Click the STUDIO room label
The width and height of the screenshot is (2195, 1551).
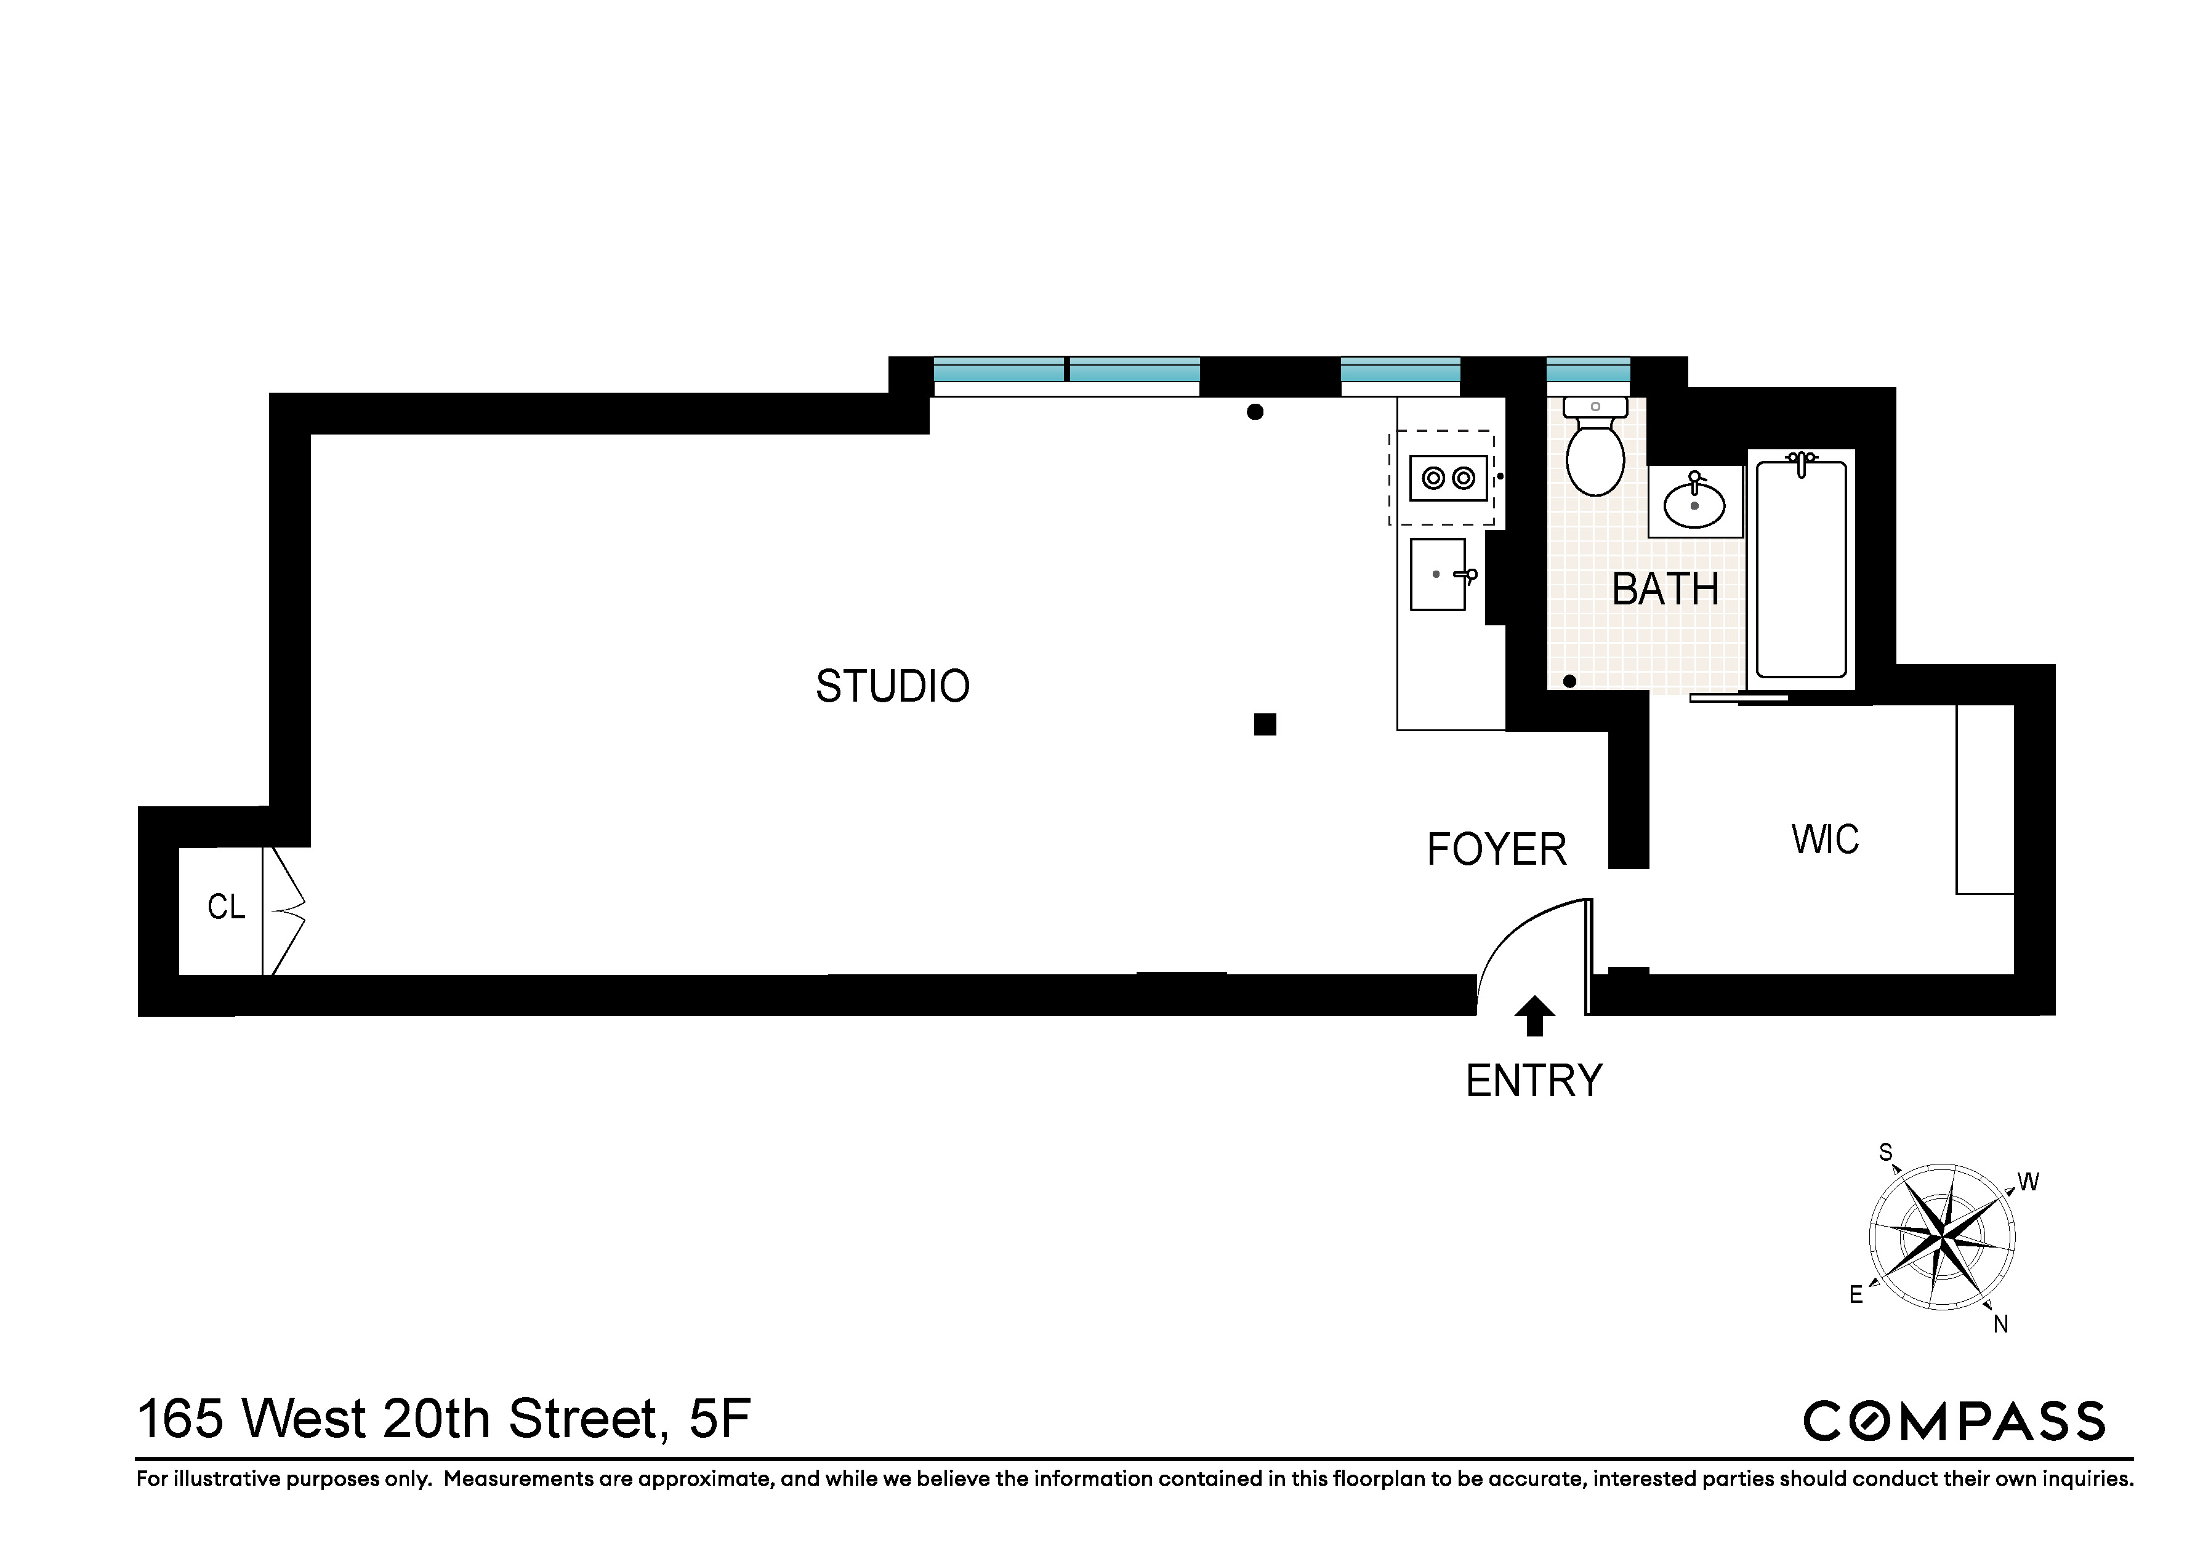(x=892, y=686)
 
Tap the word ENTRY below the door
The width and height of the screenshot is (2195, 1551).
(x=1534, y=1081)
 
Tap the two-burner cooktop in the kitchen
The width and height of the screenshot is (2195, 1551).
(x=1448, y=478)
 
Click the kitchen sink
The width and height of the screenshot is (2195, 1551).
(x=1437, y=574)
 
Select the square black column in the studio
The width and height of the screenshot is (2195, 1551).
(x=1265, y=724)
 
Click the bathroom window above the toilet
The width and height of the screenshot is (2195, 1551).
(x=1588, y=370)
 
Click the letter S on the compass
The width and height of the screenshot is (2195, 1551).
(x=1885, y=1153)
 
